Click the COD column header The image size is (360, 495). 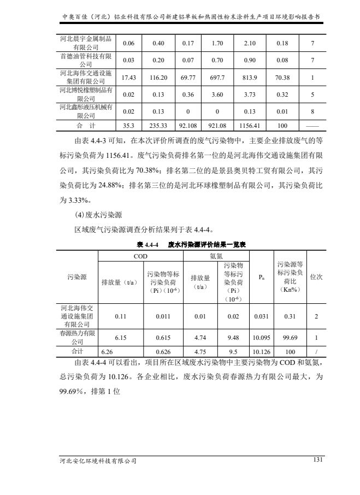coord(140,256)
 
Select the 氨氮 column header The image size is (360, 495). coord(216,256)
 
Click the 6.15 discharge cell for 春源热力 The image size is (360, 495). coord(121,338)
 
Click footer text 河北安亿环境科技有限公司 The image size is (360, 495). coord(98,461)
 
